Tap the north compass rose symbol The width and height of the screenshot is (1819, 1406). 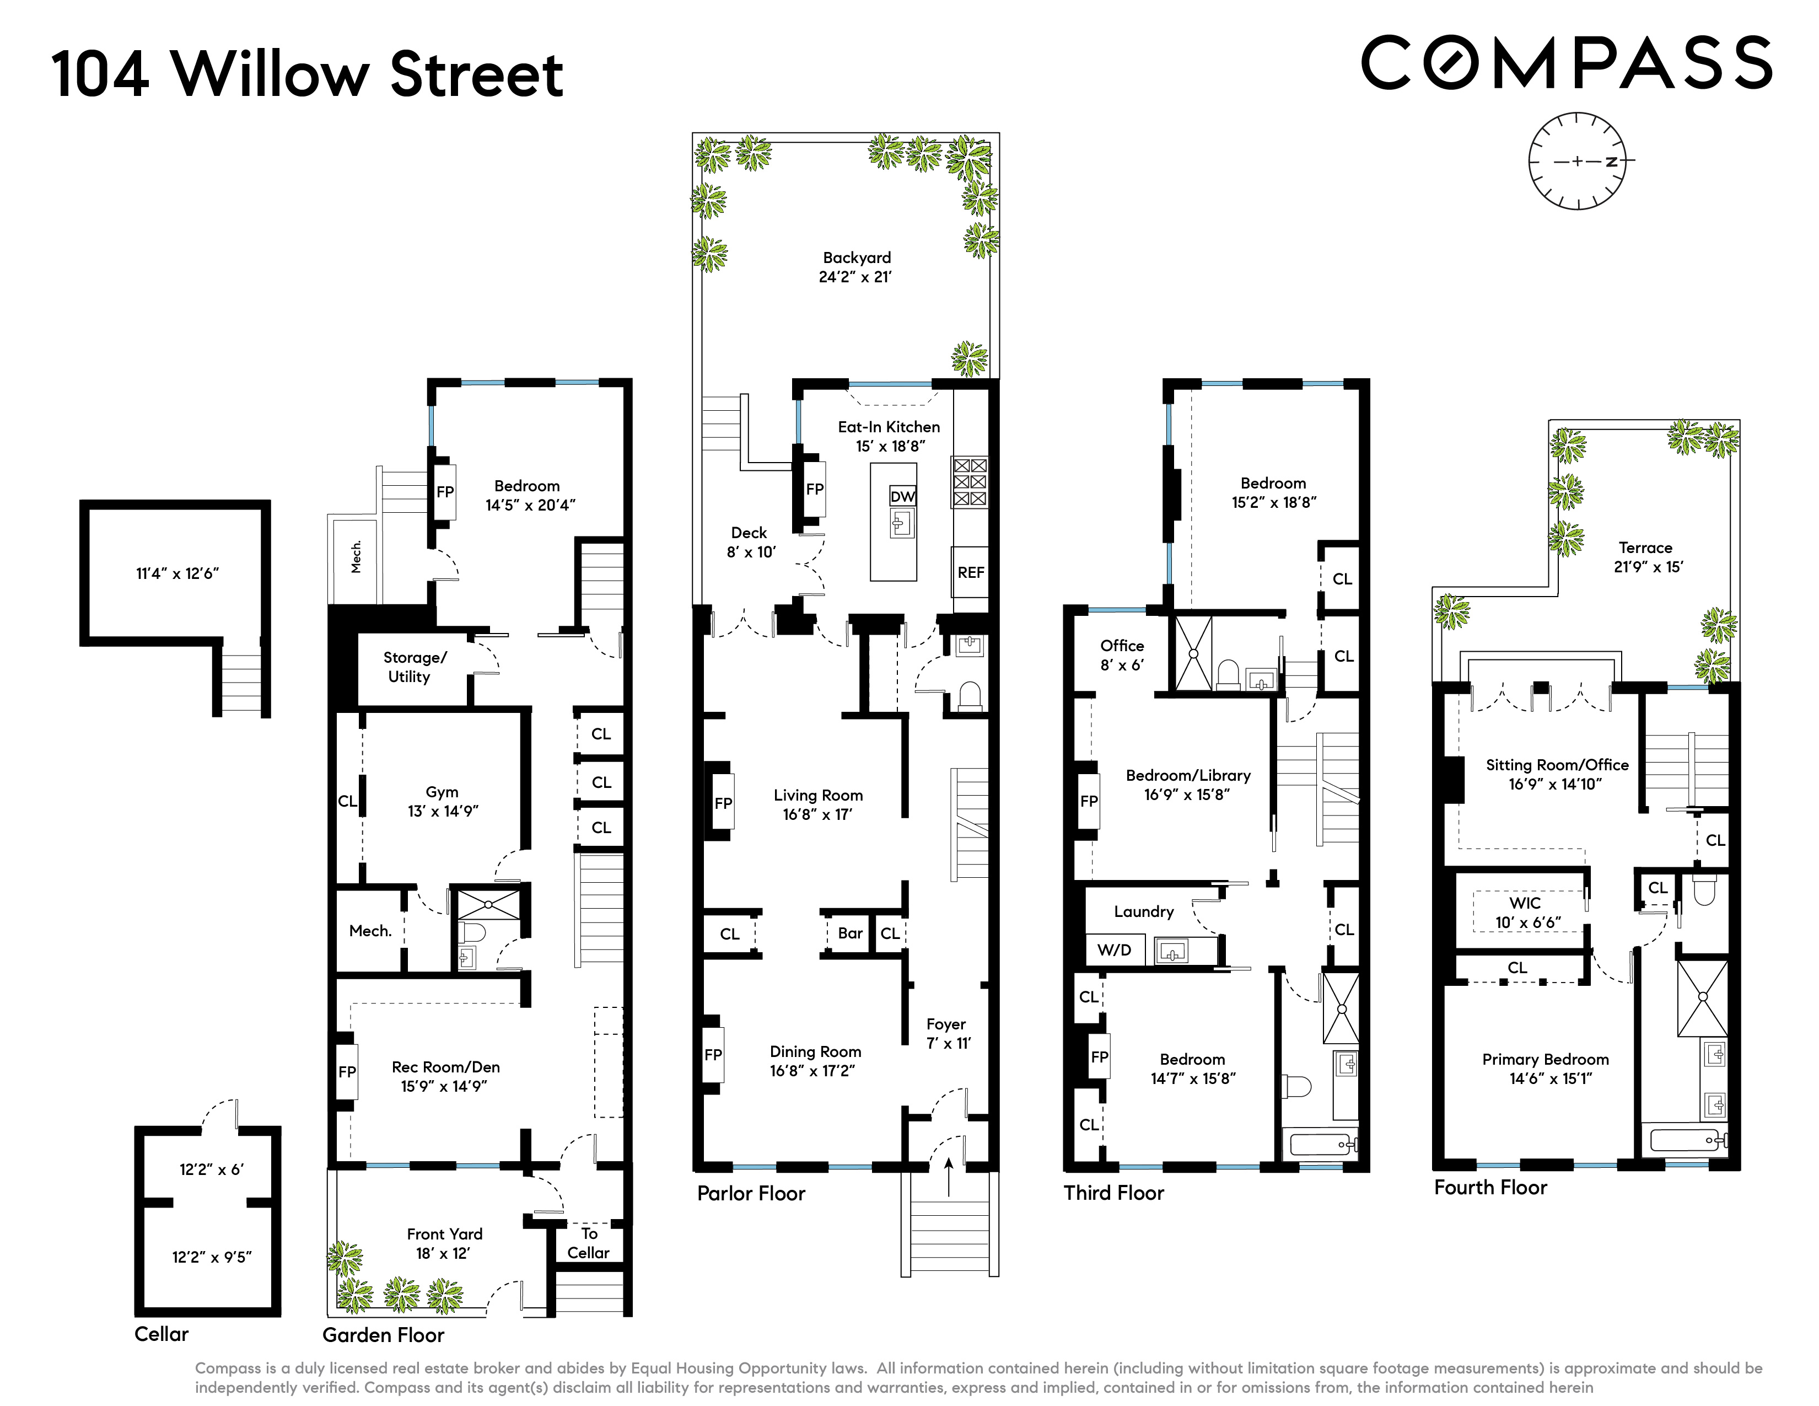click(1576, 161)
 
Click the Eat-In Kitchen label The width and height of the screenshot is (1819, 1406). click(888, 426)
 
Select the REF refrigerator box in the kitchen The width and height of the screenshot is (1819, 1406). click(970, 572)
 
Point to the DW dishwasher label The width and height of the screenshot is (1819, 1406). click(902, 496)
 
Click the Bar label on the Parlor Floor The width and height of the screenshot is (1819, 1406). click(849, 933)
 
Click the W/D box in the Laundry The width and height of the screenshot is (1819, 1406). click(1113, 949)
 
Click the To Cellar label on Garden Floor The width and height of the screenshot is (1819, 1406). click(589, 1243)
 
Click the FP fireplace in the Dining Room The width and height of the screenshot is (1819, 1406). click(713, 1054)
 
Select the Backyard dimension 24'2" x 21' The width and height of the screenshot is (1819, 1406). click(855, 277)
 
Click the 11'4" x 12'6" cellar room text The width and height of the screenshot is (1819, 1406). click(177, 573)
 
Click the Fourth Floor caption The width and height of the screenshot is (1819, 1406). click(1490, 1188)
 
